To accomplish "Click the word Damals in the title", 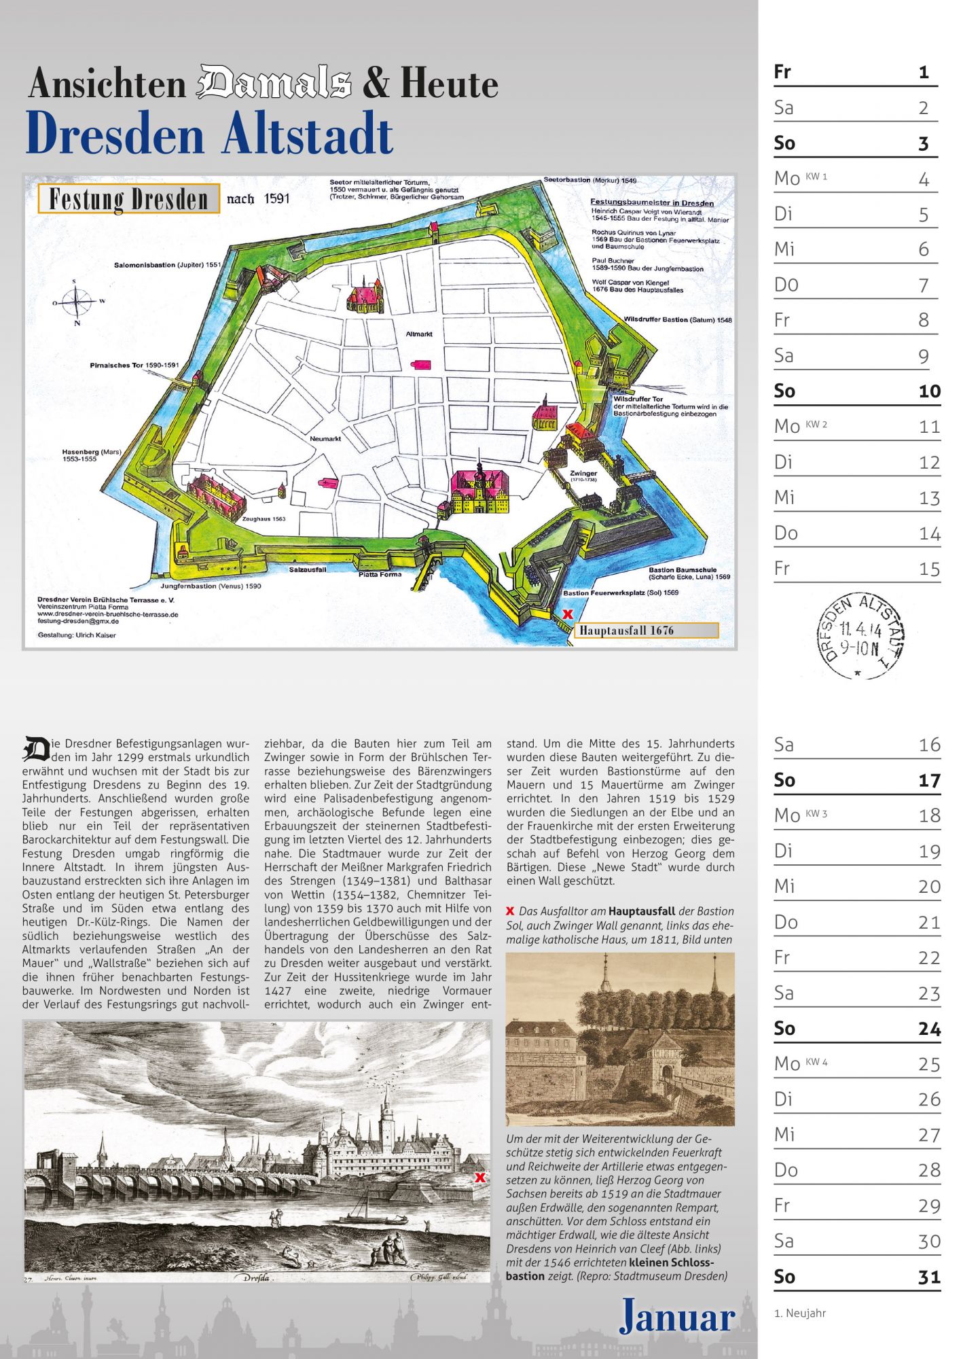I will pos(274,82).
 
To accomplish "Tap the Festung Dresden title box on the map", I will pos(128,199).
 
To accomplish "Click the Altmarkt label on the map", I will pos(419,334).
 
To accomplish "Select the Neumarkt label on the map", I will pos(325,438).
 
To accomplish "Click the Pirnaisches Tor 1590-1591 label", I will pos(134,365).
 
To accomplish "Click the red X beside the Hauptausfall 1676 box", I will pos(568,614).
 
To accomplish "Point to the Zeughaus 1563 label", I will pos(264,518).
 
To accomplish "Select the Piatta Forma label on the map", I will pos(380,574).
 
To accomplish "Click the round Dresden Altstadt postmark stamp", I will pos(860,635).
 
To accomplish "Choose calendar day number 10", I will pos(929,391).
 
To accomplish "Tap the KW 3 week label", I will pos(816,813).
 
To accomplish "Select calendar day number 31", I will pos(929,1277).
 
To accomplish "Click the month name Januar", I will pos(677,1316).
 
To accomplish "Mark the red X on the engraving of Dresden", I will pos(480,1178).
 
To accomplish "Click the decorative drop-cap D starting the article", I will pos(36,749).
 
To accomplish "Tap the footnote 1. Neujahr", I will pos(800,1313).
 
